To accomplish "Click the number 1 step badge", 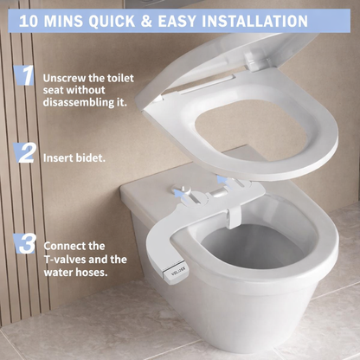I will click(x=27, y=75).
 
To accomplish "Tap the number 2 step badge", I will click(x=27, y=154).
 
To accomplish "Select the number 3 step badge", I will click(x=28, y=242).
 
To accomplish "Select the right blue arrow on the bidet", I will click(x=223, y=179).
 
